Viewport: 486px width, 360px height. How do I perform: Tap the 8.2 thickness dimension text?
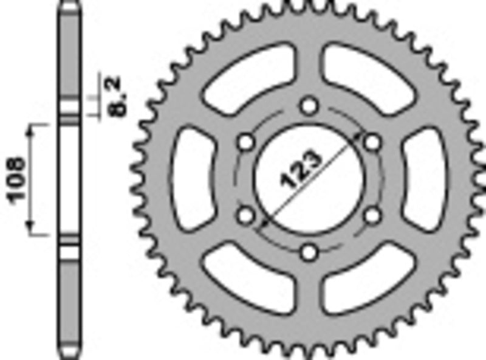(116, 95)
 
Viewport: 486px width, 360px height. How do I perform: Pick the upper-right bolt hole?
(372, 142)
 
